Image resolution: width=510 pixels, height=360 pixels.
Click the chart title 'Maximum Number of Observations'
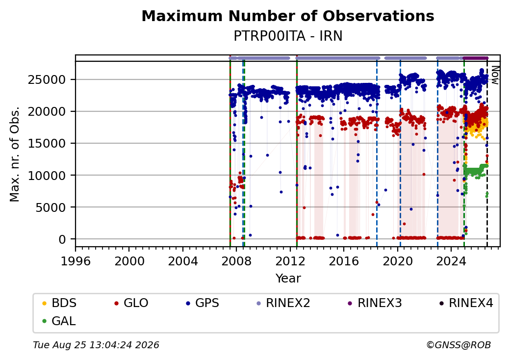(x=288, y=16)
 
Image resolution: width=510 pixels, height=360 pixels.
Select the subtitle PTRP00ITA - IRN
(x=288, y=36)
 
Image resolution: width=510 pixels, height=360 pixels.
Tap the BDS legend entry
(x=59, y=303)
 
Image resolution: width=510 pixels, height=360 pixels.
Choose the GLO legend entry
(x=131, y=303)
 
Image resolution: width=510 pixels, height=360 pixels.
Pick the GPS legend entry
(x=203, y=303)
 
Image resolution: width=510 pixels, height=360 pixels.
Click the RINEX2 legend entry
(x=283, y=303)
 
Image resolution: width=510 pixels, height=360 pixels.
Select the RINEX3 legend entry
(x=375, y=303)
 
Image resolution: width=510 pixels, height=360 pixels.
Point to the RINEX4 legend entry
(x=466, y=303)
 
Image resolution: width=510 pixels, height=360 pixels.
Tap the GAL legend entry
(x=59, y=321)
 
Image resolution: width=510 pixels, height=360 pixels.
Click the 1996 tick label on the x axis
(x=76, y=261)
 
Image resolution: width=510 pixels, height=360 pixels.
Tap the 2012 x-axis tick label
(x=290, y=261)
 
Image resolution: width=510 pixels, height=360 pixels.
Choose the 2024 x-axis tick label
(x=451, y=261)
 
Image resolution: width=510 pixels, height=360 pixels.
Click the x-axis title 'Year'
(x=288, y=279)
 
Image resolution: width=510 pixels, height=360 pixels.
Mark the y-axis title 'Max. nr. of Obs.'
(x=15, y=154)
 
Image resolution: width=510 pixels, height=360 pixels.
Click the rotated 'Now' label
(x=495, y=75)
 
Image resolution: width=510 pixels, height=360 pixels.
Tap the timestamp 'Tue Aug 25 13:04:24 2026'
(x=96, y=345)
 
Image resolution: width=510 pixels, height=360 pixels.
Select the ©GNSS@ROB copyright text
(x=459, y=345)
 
